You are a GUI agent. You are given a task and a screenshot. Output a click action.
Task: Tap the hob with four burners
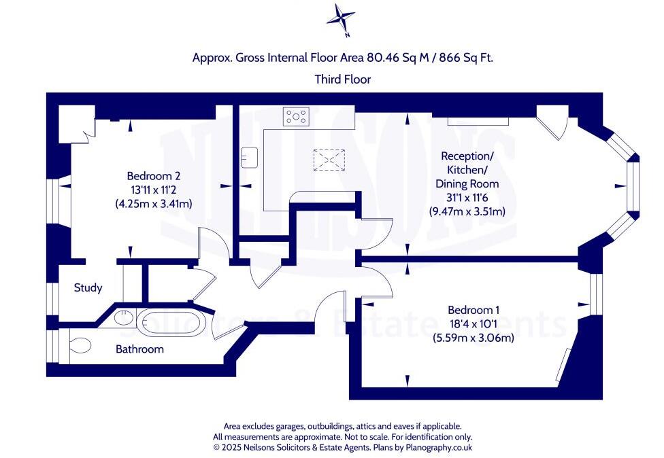coord(297,117)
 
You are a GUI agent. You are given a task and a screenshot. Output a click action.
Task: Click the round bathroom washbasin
coord(123,317)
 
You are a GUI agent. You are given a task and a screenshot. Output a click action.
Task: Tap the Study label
coord(88,288)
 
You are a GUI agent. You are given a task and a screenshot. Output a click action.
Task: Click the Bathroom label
coord(139,349)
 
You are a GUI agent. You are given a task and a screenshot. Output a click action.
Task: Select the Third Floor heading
coord(342,80)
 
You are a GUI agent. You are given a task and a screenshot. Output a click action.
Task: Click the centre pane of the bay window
coord(632,185)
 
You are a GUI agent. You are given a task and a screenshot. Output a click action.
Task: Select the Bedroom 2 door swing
coord(208,243)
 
